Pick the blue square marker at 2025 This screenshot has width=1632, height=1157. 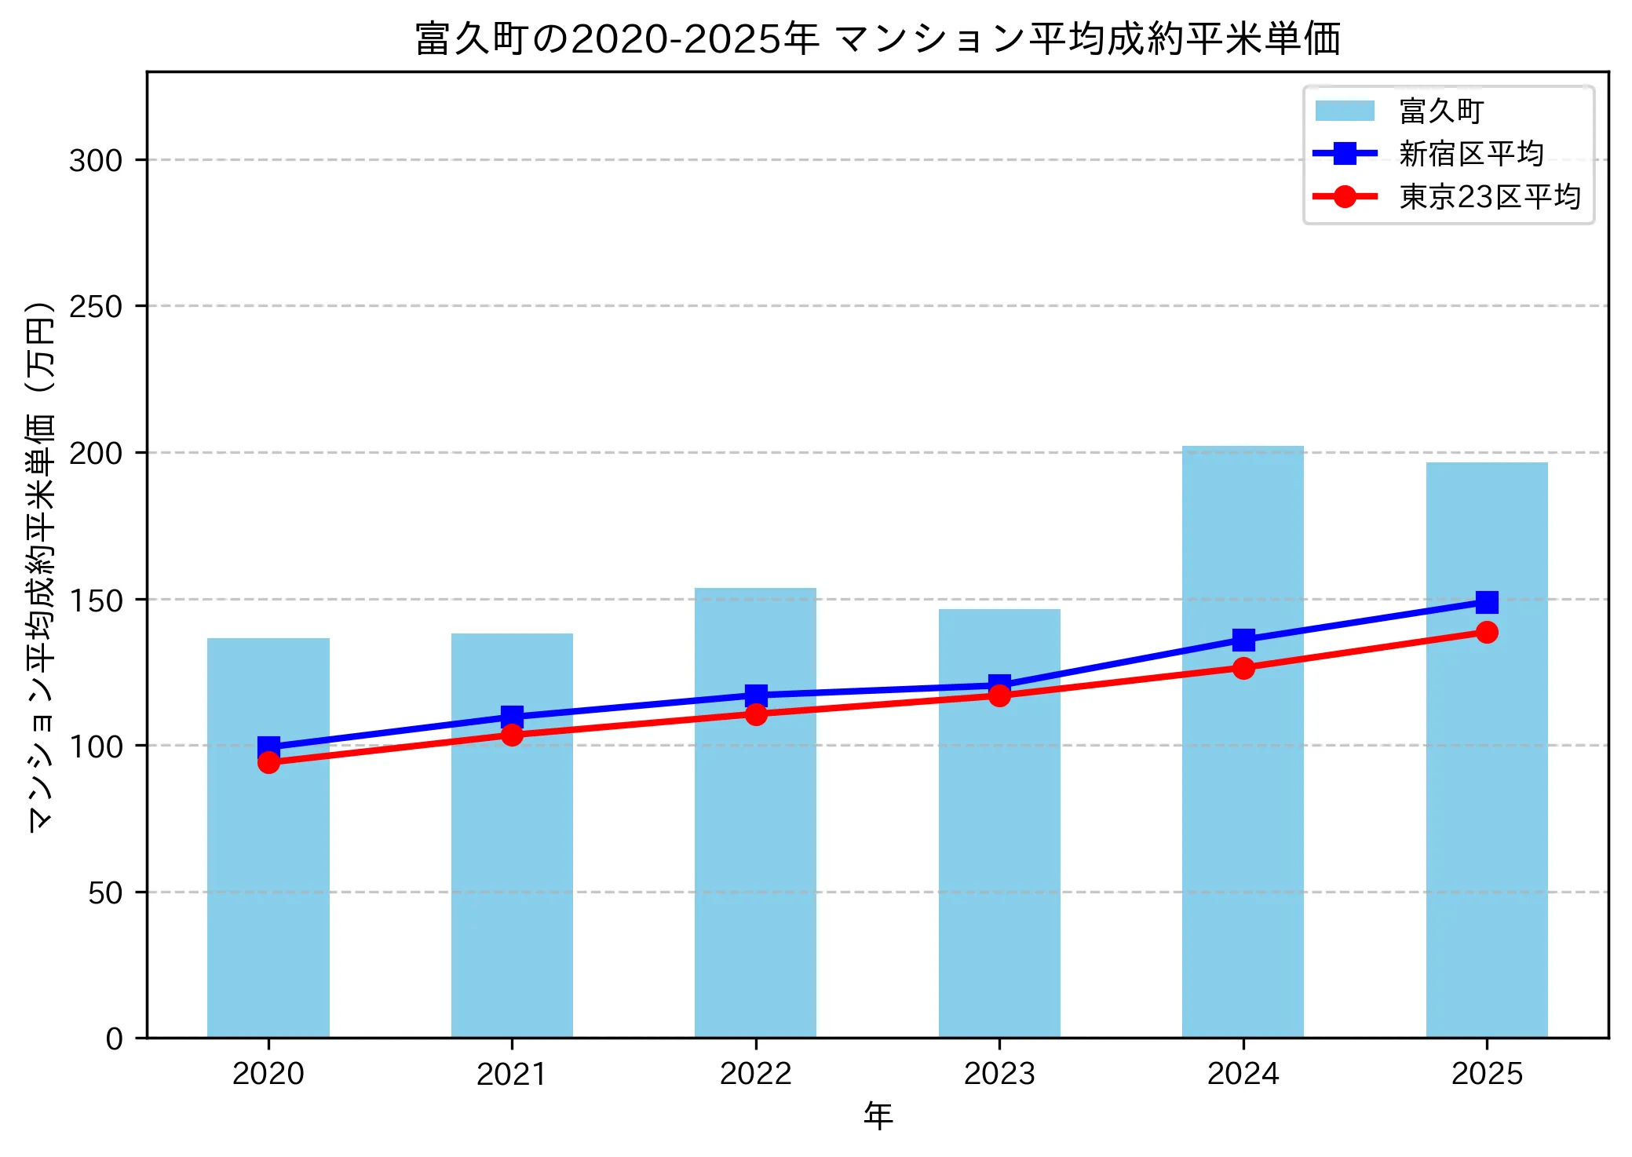[1487, 602]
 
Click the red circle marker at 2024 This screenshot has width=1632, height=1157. [1243, 668]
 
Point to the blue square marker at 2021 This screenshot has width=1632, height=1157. [512, 716]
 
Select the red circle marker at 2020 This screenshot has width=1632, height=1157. [268, 762]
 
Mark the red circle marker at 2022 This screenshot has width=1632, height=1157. [756, 714]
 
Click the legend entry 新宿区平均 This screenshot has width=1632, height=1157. [1470, 154]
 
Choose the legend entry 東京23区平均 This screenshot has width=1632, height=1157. [1489, 196]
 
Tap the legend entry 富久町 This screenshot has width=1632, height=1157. [1440, 111]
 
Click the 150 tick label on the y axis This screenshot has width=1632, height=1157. [96, 600]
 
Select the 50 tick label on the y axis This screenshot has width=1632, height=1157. [105, 892]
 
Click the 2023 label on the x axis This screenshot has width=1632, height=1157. [999, 1074]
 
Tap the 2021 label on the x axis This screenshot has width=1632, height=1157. [512, 1074]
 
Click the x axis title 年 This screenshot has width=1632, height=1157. [878, 1116]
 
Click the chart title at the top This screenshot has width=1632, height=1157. [878, 38]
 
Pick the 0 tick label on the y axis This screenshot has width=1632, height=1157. [115, 1039]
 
